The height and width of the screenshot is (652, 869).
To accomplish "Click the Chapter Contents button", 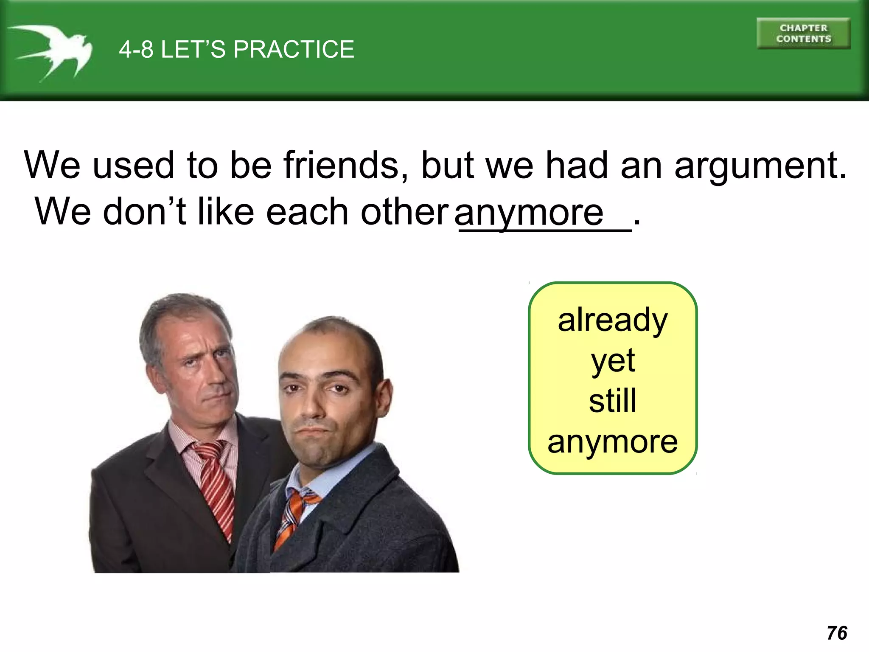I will pyautogui.click(x=803, y=34).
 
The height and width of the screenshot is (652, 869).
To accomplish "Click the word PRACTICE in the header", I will pyautogui.click(x=294, y=49).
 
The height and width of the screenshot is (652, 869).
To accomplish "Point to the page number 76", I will pyautogui.click(x=837, y=633).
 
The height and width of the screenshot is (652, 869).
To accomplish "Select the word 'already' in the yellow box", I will pyautogui.click(x=612, y=320).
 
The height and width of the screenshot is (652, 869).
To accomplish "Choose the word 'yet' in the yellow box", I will pyautogui.click(x=613, y=361).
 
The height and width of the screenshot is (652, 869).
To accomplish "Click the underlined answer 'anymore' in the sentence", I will pyautogui.click(x=528, y=212).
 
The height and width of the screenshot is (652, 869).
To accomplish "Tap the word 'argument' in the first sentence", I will pyautogui.click(x=760, y=166).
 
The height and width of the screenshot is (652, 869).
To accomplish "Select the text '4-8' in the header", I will pyautogui.click(x=136, y=49).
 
